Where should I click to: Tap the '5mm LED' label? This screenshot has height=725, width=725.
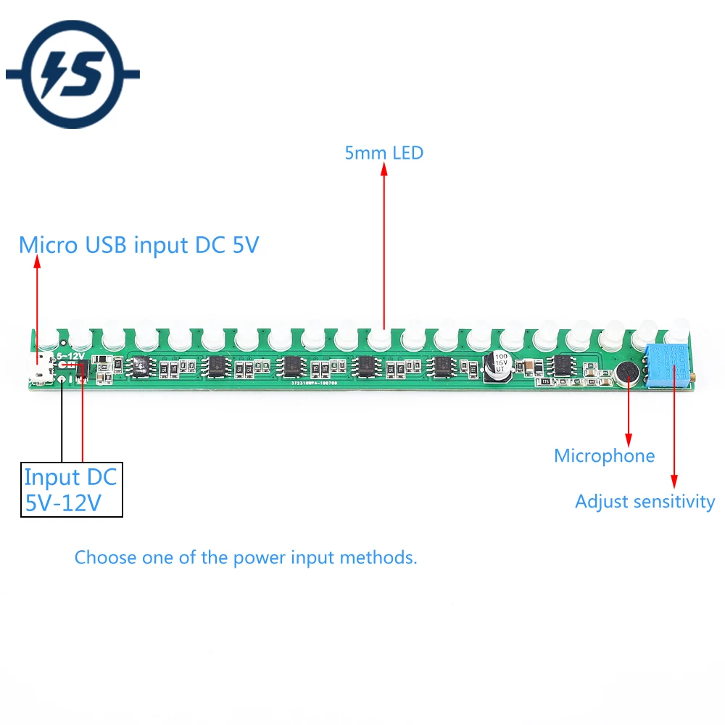click(384, 153)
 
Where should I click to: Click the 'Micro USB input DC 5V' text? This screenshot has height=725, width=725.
click(138, 245)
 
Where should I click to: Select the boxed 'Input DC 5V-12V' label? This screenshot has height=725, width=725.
click(71, 490)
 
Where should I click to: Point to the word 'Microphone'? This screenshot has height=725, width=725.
click(604, 456)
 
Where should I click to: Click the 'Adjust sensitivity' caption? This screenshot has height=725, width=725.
click(645, 501)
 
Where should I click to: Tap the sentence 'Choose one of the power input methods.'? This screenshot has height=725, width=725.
click(246, 558)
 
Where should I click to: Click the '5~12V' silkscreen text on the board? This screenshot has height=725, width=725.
click(70, 357)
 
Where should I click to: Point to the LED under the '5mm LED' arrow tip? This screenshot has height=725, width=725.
click(380, 340)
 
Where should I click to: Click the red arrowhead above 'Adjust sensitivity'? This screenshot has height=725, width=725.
click(674, 480)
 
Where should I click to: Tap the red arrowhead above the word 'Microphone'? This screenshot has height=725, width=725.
click(628, 439)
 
